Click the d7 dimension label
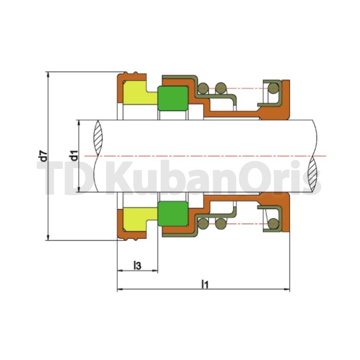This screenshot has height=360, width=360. (44, 156)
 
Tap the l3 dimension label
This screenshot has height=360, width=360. (137, 265)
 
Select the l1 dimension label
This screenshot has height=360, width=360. (205, 284)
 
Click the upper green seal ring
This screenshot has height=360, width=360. (173, 99)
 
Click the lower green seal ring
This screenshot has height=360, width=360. (173, 213)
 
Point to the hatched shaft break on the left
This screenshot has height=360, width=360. (98, 138)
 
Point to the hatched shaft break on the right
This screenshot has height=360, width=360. (314, 174)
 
